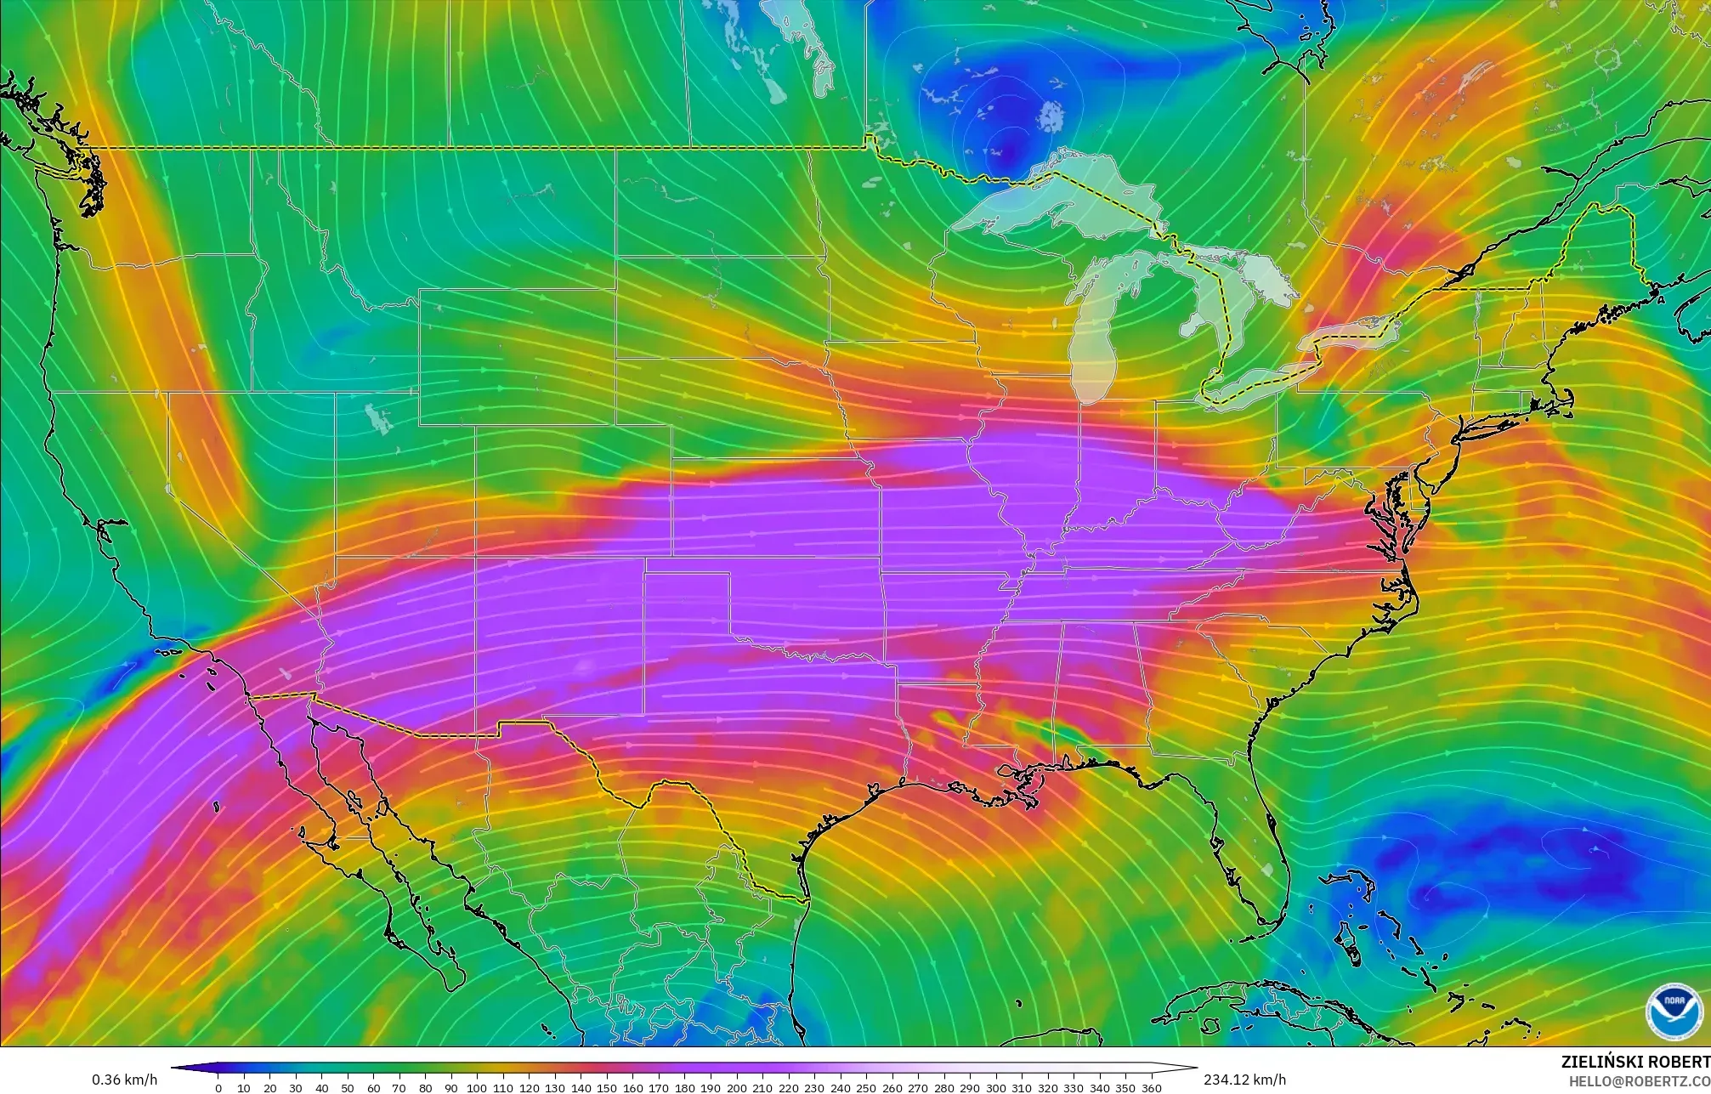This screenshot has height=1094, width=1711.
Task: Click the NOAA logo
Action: point(1674,1011)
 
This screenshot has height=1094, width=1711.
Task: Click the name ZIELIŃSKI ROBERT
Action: point(1635,1062)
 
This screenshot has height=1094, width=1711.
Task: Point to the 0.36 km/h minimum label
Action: point(124,1080)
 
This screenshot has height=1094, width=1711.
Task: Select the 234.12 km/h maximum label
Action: point(1244,1080)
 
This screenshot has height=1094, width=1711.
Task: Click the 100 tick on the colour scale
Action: point(477,1087)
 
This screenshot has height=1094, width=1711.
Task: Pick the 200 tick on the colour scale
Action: point(736,1087)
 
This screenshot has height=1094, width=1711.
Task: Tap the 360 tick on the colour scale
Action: point(1151,1087)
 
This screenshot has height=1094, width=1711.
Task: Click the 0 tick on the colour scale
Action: point(218,1087)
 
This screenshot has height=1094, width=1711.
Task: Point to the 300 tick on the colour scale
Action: point(995,1087)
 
